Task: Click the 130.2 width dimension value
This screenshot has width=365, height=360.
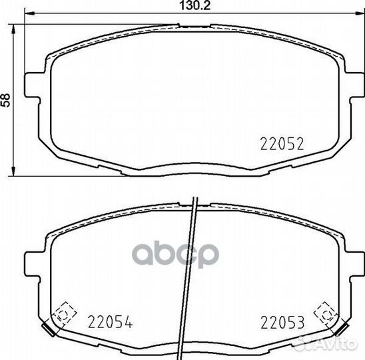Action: point(195,5)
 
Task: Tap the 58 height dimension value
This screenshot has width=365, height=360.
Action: point(5,100)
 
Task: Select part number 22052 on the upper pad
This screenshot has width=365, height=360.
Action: point(282,144)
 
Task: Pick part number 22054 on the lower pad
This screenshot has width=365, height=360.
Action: point(110,322)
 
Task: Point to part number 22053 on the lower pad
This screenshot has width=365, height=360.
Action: point(282,322)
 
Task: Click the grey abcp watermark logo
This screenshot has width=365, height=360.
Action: point(176,255)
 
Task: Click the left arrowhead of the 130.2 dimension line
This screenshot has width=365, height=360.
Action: point(29,14)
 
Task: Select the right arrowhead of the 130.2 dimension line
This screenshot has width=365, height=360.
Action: point(360,14)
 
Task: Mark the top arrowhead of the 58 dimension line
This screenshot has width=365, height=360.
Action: point(13,29)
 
